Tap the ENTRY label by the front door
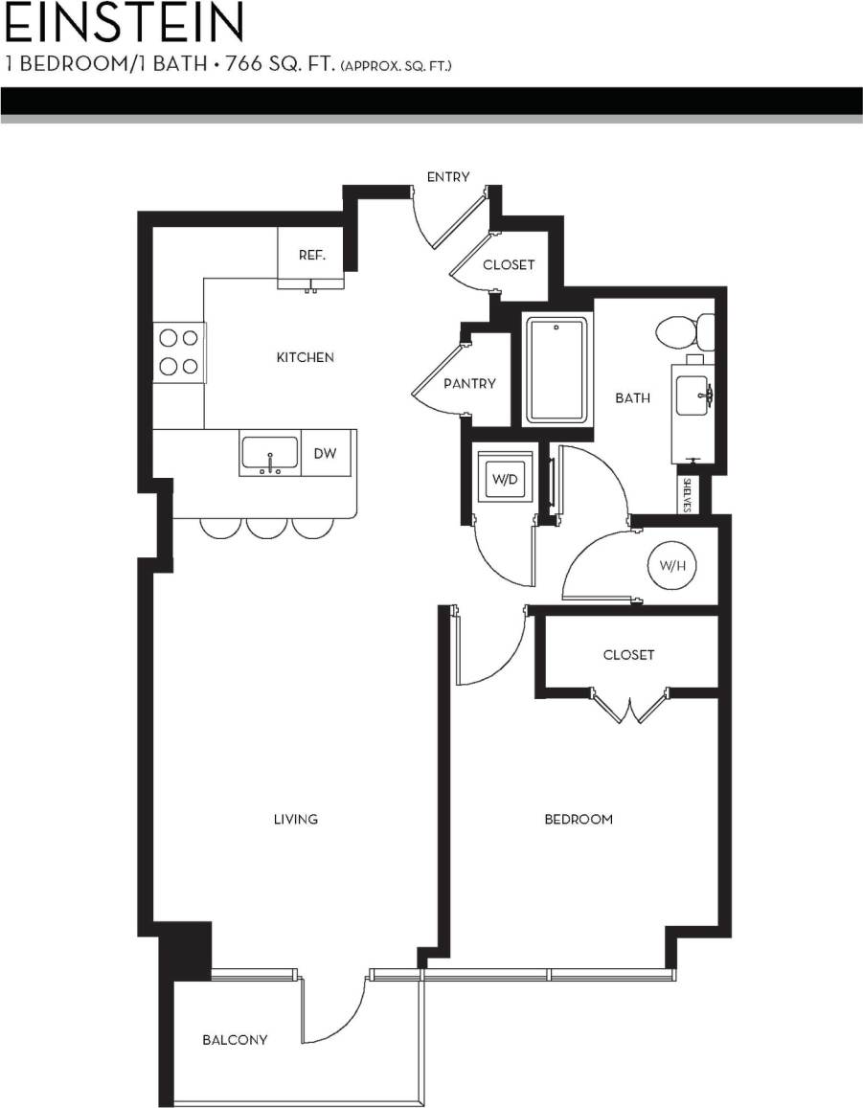pyautogui.click(x=448, y=176)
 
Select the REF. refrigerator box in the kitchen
pyautogui.click(x=310, y=256)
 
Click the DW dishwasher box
pyautogui.click(x=326, y=453)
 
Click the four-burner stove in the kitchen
pyautogui.click(x=179, y=351)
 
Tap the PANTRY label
pyautogui.click(x=469, y=383)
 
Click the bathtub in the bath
pyautogui.click(x=556, y=369)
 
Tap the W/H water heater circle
pyautogui.click(x=671, y=566)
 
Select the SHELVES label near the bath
pyautogui.click(x=688, y=495)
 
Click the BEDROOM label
pyautogui.click(x=578, y=819)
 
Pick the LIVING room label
pyautogui.click(x=295, y=819)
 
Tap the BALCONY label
pyautogui.click(x=235, y=1039)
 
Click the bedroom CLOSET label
pyautogui.click(x=628, y=655)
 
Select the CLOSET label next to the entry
pyautogui.click(x=509, y=264)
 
